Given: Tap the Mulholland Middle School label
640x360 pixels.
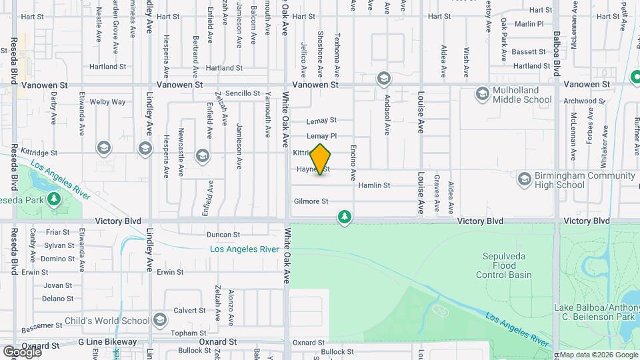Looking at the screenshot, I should pyautogui.click(x=522, y=95).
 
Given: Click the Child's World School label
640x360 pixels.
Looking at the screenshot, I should pyautogui.click(x=107, y=321).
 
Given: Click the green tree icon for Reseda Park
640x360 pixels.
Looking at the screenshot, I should pyautogui.click(x=53, y=199).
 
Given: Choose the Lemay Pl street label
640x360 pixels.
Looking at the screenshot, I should pyautogui.click(x=321, y=136).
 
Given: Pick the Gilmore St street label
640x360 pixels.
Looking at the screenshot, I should pyautogui.click(x=311, y=201).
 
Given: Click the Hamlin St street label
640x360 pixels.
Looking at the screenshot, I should pyautogui.click(x=374, y=185).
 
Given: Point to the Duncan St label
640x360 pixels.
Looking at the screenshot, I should pyautogui.click(x=223, y=235).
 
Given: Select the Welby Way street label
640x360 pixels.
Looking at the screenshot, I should pyautogui.click(x=108, y=102).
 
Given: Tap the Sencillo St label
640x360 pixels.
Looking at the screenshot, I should pyautogui.click(x=243, y=93).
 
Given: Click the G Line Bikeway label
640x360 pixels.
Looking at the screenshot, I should pyautogui.click(x=107, y=342).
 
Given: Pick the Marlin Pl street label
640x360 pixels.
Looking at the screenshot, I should pyautogui.click(x=530, y=24).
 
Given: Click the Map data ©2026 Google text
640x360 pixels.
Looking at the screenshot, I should pyautogui.click(x=598, y=355).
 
